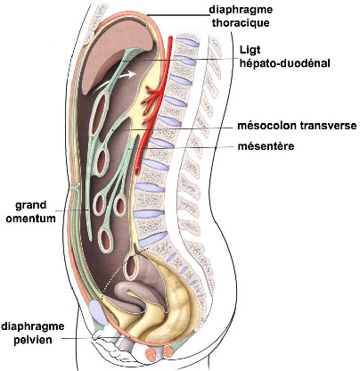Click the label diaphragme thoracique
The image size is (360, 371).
[241, 16]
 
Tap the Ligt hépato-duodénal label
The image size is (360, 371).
[285, 56]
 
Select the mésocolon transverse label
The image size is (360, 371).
[297, 126]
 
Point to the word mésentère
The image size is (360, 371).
[266, 146]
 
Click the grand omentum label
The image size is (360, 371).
[31, 211]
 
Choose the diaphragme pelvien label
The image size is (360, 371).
[33, 333]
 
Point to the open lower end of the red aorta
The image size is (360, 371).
[138, 171]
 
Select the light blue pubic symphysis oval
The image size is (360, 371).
[97, 312]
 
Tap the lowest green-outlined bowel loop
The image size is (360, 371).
[106, 240]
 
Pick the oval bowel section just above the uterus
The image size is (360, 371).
[131, 265]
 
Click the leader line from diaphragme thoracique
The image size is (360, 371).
[178, 15]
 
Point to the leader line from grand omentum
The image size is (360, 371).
[72, 210]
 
